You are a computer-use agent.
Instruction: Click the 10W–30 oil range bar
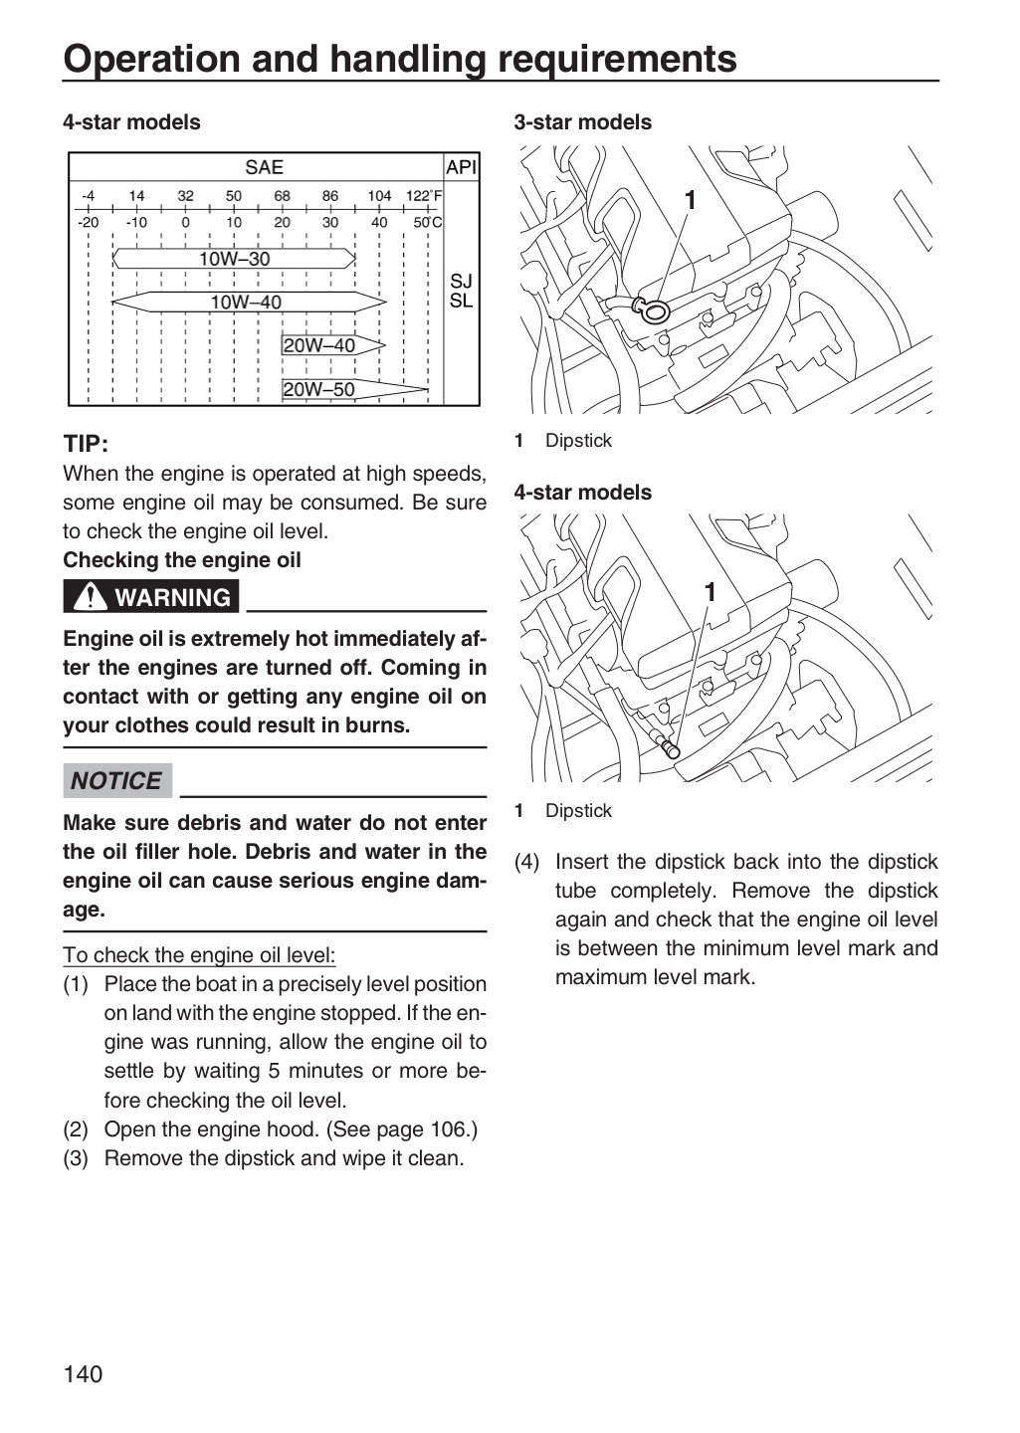[x=234, y=259]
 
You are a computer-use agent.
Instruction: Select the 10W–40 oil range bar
[x=250, y=302]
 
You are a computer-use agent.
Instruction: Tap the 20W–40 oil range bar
[x=333, y=345]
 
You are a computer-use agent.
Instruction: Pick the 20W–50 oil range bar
[x=355, y=389]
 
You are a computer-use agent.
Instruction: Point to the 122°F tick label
[x=424, y=196]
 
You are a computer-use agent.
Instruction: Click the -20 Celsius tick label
[x=89, y=223]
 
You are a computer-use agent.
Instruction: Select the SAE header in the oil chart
[x=264, y=167]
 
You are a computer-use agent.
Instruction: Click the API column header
[x=462, y=167]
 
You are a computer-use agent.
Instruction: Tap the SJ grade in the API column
[x=461, y=281]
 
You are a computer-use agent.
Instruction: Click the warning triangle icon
[x=91, y=596]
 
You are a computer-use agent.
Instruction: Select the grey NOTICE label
[x=117, y=780]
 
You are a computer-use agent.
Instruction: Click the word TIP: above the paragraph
[x=86, y=444]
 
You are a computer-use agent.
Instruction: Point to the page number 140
[x=84, y=1373]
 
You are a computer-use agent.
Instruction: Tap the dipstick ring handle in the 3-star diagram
[x=652, y=311]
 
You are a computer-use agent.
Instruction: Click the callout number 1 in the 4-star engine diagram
[x=710, y=592]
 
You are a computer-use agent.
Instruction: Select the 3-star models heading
[x=583, y=122]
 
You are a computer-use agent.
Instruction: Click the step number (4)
[x=527, y=862]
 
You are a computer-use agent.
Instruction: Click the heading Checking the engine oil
[x=182, y=559]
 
